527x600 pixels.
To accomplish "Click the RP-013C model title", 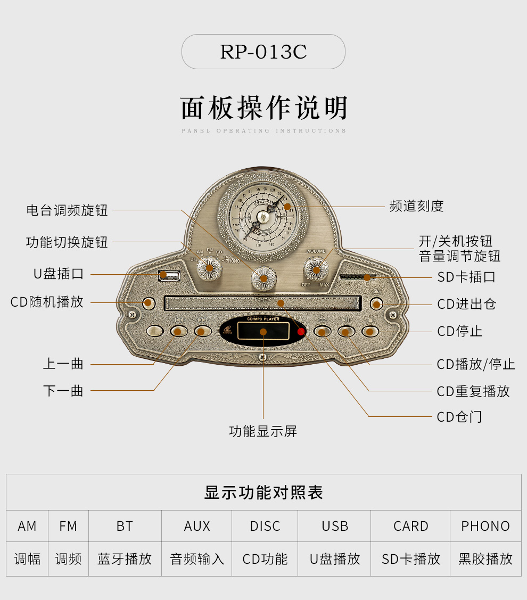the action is point(263,52).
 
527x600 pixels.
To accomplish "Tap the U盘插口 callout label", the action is point(59,274).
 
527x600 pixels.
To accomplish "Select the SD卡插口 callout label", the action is point(466,277).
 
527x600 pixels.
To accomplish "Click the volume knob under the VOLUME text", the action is point(316,269).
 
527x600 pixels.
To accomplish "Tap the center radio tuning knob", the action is point(263,277).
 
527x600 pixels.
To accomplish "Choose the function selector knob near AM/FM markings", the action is point(209,267).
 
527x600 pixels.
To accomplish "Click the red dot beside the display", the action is point(301,332).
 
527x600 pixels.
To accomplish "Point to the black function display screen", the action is point(263,332).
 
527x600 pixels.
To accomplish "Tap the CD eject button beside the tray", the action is point(376,305).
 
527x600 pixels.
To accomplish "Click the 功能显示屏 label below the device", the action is point(263,431).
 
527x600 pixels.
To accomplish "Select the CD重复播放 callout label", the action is point(473,391).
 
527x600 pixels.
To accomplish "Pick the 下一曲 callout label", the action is point(63,391).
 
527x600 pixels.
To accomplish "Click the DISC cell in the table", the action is point(265,526).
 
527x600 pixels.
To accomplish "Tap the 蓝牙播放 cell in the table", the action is point(125,559).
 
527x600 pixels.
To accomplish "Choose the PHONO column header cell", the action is point(485,526).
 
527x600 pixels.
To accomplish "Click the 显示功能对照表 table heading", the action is point(263,492).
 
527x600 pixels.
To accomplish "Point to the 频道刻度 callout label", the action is point(416,206).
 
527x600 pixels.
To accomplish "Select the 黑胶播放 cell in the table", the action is point(485,559).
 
